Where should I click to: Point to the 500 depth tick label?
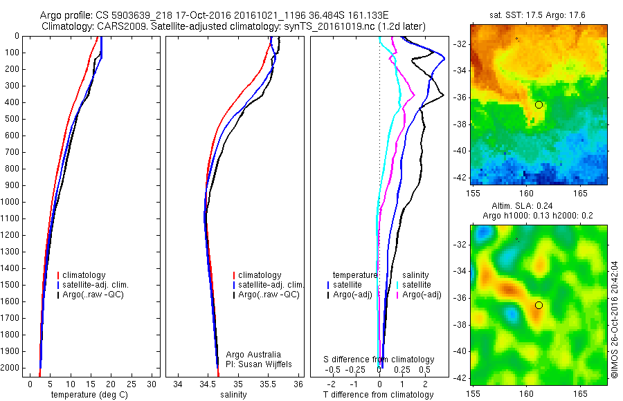[12, 119]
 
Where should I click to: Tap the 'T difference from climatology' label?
[378, 395]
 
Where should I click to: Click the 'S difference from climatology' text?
[379, 360]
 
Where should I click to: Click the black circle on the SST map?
[539, 104]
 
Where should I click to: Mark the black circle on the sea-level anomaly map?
[539, 305]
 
